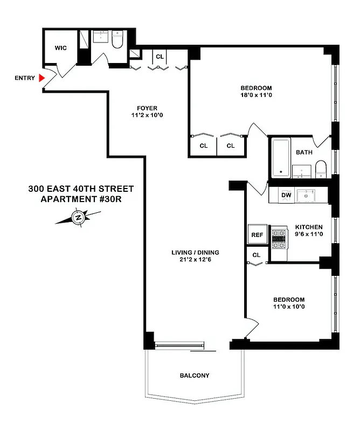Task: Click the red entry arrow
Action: pos(42,78)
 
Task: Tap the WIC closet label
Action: pos(61,48)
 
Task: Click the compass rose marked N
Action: pos(78,218)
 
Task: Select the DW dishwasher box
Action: pos(286,195)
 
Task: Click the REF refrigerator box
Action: pos(257,235)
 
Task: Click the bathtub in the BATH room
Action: pos(280,158)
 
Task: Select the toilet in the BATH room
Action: pos(321,168)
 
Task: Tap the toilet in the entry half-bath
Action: pos(118,41)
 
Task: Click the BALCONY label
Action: pos(195,376)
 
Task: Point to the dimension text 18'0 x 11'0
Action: pos(256,96)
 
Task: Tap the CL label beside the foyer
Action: pos(160,57)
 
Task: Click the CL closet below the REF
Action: pos(257,255)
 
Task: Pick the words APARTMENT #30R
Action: pos(80,199)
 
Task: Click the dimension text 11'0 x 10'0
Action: pos(288,308)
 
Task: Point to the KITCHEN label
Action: pos(308,227)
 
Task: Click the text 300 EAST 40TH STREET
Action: pos(80,189)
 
